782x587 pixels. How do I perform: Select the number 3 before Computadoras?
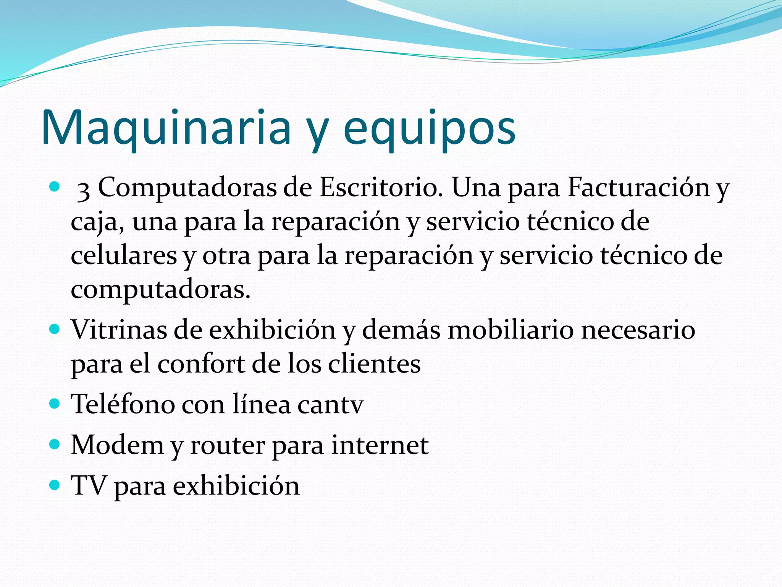coord(84,190)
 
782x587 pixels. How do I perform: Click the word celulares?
coord(124,255)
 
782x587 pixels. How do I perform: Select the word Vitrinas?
coord(119,329)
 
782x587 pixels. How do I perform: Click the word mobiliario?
coord(511,329)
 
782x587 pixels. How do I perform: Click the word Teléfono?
coord(123,404)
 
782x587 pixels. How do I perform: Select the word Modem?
coord(117,445)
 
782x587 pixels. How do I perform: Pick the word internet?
coord(380,445)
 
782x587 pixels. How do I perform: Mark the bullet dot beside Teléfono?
coord(55,404)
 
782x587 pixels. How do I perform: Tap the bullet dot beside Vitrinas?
coord(55,329)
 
